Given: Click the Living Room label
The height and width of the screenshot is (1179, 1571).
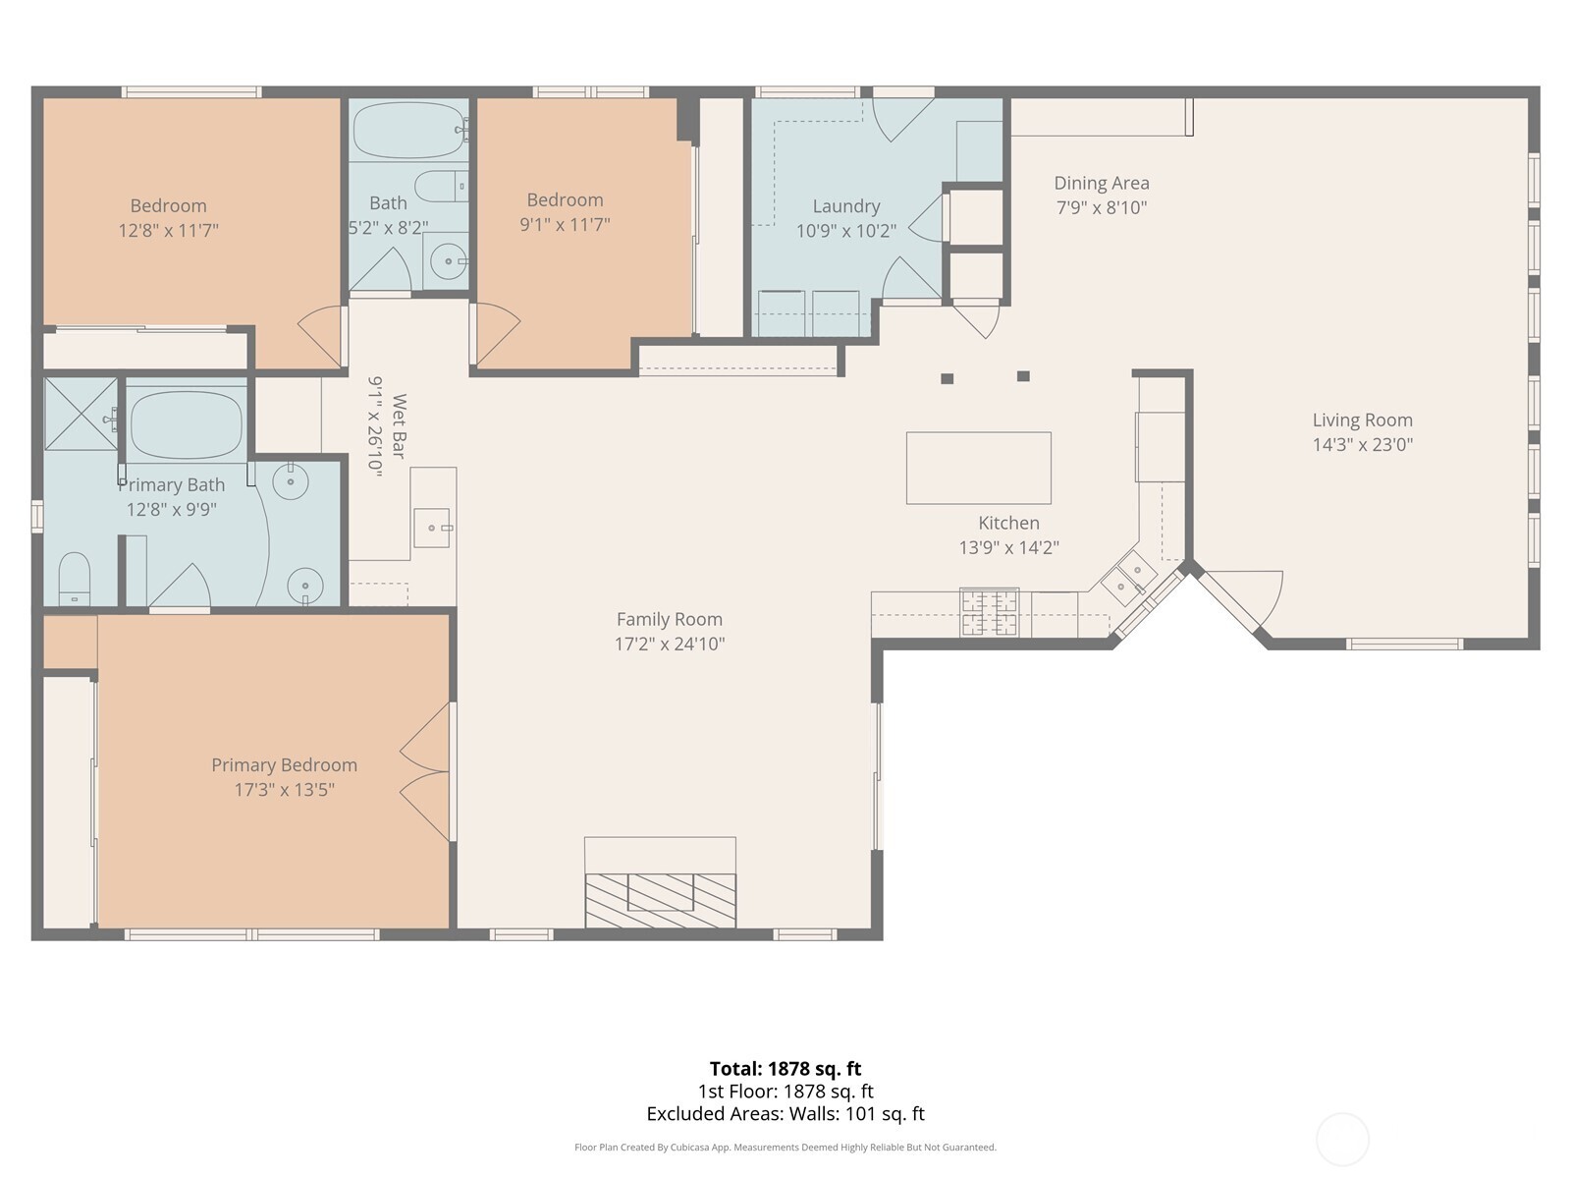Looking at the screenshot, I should (x=1362, y=421).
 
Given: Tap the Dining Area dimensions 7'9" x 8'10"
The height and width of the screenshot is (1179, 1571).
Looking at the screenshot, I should (x=1102, y=207).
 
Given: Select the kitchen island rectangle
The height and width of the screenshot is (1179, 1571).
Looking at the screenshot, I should (x=978, y=468).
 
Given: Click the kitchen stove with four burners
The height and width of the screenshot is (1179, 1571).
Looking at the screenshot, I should (x=989, y=612).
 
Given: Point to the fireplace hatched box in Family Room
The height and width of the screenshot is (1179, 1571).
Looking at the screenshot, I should (x=660, y=898).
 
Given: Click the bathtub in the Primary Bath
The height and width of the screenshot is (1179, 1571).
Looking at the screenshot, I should (x=186, y=425).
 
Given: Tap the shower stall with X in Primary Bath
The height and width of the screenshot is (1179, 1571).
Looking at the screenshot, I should (x=81, y=414).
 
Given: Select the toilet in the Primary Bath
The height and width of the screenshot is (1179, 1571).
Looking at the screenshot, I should (x=74, y=580).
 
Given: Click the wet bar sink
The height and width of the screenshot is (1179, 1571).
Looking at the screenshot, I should (x=431, y=528).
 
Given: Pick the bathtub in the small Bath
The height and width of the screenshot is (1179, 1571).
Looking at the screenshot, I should (x=406, y=130).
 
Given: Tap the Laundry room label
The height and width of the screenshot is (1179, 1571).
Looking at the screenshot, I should (x=845, y=206).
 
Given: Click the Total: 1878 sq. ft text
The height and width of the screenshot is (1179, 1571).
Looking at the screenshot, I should (x=785, y=1069).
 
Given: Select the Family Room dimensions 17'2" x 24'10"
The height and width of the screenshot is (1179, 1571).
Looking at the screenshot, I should (x=669, y=645).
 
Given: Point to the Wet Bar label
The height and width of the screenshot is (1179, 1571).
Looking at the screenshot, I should (x=399, y=425).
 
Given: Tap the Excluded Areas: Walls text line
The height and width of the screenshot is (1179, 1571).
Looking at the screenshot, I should (x=785, y=1114).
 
